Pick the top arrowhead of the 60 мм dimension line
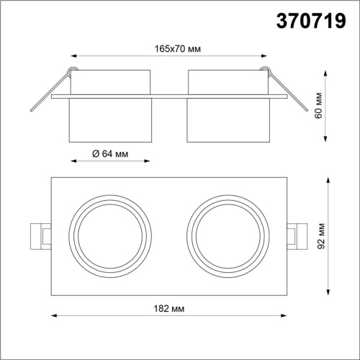tap(328, 70)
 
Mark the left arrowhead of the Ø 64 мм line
tap(71, 162)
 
